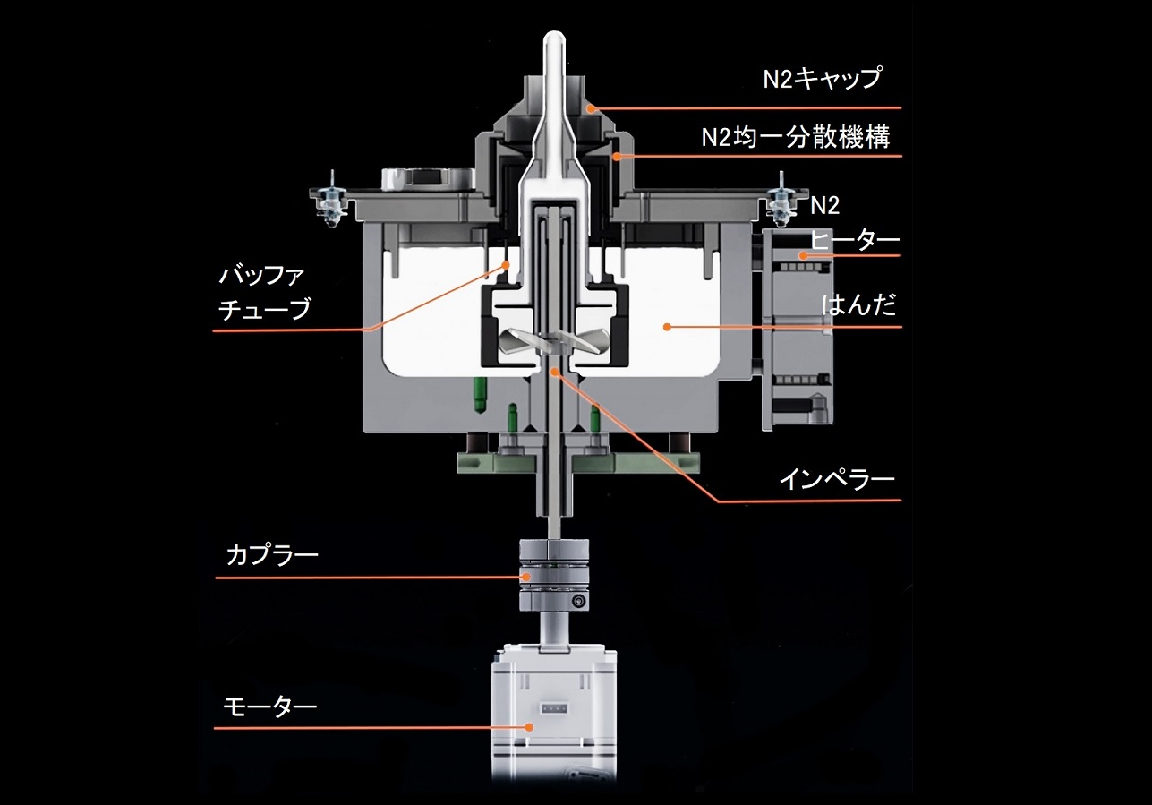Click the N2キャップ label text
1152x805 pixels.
(822, 79)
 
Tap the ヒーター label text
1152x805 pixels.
(855, 240)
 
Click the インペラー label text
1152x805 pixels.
(836, 479)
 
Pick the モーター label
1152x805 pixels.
(269, 707)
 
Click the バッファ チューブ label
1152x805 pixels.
(265, 291)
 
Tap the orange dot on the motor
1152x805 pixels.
(529, 727)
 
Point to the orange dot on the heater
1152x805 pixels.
(804, 256)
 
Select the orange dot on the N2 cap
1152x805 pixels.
(591, 108)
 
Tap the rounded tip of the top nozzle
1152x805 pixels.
(554, 40)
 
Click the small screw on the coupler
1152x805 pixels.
(580, 601)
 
